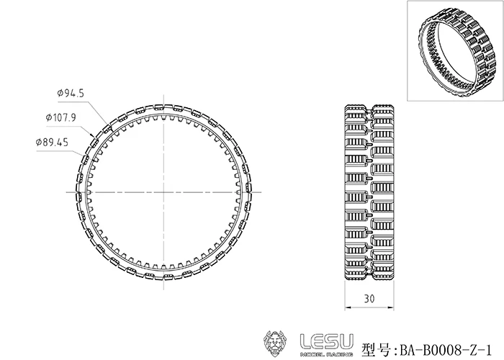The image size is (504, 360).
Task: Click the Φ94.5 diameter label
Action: (71, 93)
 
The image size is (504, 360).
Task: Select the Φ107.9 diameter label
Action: (61, 117)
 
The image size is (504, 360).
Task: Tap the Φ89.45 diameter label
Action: (52, 142)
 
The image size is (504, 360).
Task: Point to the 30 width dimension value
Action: (369, 299)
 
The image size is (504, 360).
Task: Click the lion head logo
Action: (276, 343)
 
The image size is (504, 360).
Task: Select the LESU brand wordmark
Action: (327, 342)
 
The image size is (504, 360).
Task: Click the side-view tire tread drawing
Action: (369, 192)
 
